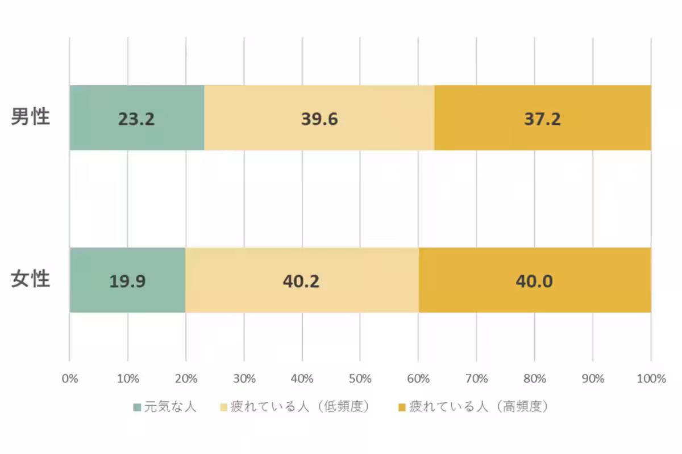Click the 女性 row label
click(31, 280)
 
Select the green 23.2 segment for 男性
click(136, 118)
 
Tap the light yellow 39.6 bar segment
click(319, 118)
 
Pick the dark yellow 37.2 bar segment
click(542, 118)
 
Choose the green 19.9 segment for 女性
click(127, 280)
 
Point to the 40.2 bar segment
click(302, 280)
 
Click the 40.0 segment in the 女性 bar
click(534, 280)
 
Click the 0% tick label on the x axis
click(69, 379)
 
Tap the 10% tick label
click(127, 379)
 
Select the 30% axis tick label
click(244, 379)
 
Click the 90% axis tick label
click(592, 379)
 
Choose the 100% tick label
click(651, 379)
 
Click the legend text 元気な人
click(170, 407)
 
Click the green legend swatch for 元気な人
click(136, 407)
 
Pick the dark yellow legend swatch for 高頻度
click(402, 407)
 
